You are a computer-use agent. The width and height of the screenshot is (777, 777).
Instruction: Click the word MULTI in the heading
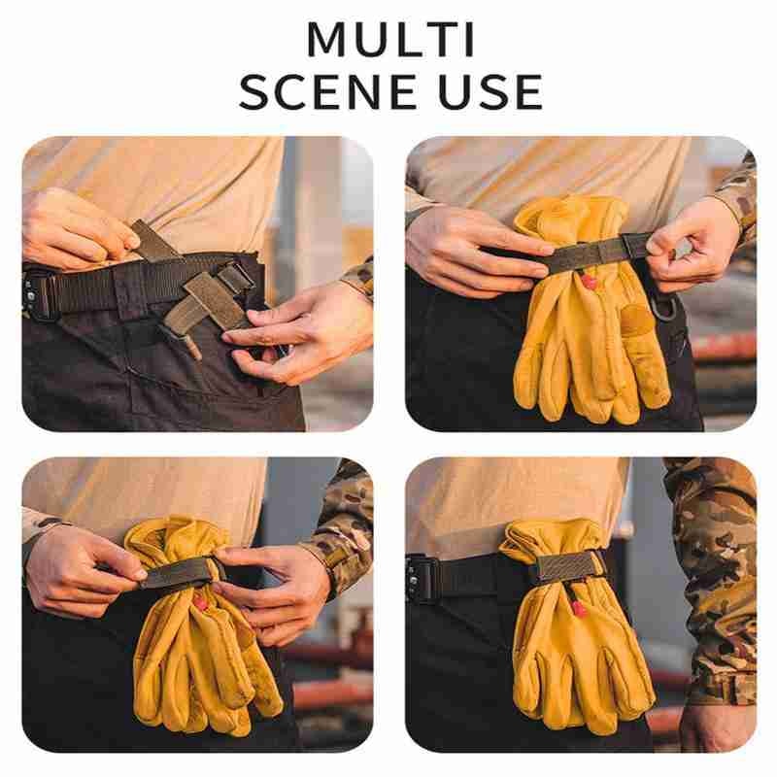click(391, 40)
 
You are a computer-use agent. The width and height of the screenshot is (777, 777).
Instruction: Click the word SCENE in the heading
click(328, 91)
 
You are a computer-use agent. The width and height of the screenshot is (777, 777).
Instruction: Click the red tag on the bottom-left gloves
click(200, 603)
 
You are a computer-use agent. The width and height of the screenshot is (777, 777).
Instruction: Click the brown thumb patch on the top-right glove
click(636, 319)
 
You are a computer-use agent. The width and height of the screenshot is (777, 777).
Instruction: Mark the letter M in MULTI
click(326, 40)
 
